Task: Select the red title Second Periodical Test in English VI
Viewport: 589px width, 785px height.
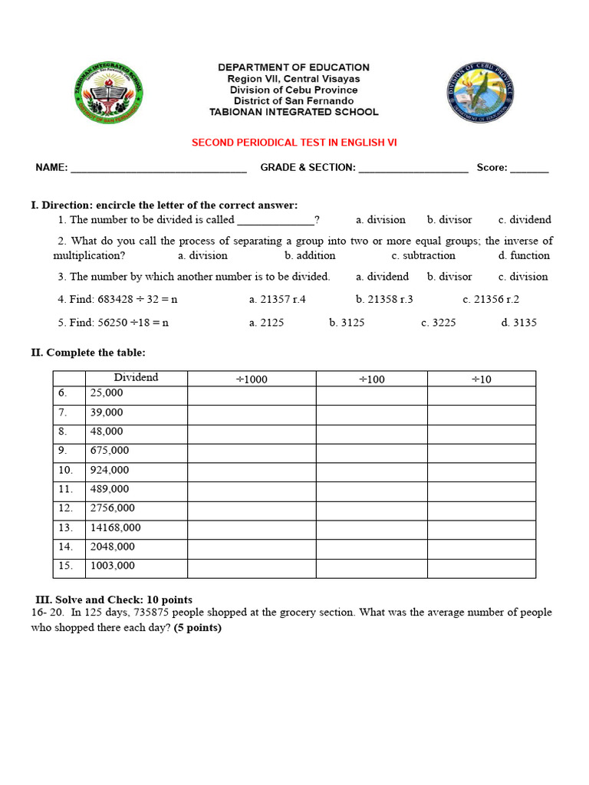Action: point(294,143)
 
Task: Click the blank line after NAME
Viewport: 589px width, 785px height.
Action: point(159,169)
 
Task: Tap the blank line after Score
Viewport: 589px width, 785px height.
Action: point(529,169)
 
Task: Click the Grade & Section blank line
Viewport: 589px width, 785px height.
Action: point(413,169)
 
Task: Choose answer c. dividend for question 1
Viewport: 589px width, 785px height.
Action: point(525,220)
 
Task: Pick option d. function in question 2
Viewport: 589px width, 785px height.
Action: point(524,256)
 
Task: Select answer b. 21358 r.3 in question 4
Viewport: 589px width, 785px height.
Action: point(384,300)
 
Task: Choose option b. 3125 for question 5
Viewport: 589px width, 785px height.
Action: point(347,323)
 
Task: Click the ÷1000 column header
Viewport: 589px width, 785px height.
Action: point(252,379)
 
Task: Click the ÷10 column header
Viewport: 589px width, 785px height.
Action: point(481,379)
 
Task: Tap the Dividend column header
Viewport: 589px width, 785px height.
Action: point(136,378)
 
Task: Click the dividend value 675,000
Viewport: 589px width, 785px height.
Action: point(110,451)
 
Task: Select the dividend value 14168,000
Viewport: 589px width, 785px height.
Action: point(115,528)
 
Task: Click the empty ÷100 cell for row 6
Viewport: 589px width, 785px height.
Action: point(371,396)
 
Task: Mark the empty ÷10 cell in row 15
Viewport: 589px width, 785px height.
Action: point(481,568)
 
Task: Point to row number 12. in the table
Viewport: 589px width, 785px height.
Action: point(67,508)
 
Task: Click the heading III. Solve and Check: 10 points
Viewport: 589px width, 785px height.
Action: point(114,600)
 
